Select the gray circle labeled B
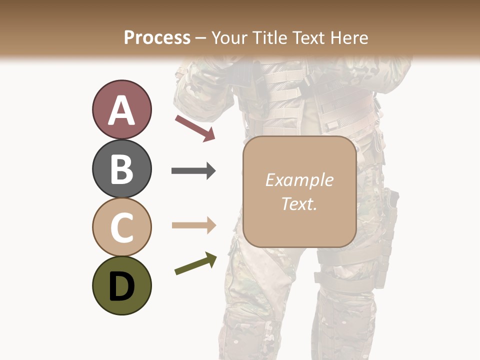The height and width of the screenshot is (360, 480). pos(121,168)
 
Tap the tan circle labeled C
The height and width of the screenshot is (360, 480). pos(121,227)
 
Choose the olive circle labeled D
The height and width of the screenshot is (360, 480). pos(121,285)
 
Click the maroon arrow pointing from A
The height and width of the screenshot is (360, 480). pos(195,128)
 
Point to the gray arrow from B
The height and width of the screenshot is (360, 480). pos(193,171)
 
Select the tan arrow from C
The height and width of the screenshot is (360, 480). pos(193,225)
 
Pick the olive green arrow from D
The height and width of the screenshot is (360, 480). pos(195,263)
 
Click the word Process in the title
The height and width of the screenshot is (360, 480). pos(157,37)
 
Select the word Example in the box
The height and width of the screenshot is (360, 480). pos(299,180)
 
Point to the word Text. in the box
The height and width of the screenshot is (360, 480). pos(299,203)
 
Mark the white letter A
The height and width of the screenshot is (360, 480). pos(121,110)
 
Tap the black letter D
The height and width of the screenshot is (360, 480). pos(121,286)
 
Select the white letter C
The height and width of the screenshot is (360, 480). pos(121,227)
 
